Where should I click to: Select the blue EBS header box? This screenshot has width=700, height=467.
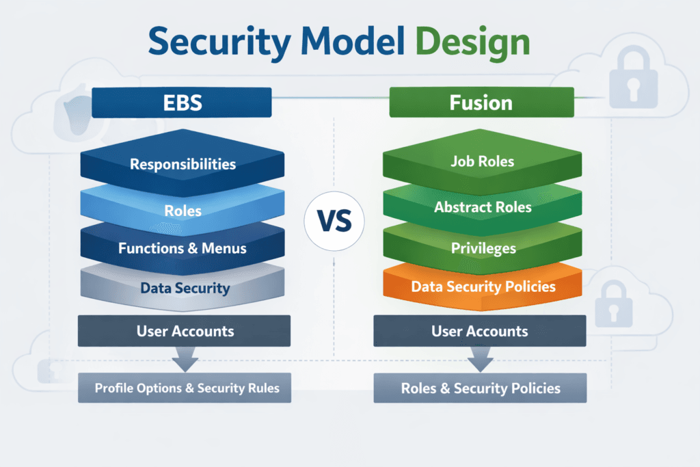[181, 103]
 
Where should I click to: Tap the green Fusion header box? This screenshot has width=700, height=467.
[481, 103]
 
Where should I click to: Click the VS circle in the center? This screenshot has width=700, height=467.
[334, 221]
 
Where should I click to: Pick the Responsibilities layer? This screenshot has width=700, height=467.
[183, 164]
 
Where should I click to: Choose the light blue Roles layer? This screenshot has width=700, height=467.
[183, 211]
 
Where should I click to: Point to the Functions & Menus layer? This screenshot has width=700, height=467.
[183, 248]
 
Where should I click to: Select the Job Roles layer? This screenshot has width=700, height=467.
[483, 162]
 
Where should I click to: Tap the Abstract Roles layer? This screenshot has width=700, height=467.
[483, 206]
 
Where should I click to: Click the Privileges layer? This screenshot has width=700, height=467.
[483, 248]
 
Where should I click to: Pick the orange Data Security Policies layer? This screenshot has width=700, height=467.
[483, 286]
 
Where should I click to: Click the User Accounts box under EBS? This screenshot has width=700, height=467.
[184, 332]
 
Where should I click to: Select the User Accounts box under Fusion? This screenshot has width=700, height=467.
[479, 332]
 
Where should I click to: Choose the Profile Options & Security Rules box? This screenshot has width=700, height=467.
[187, 388]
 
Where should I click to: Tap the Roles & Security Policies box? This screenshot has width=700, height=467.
[480, 388]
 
